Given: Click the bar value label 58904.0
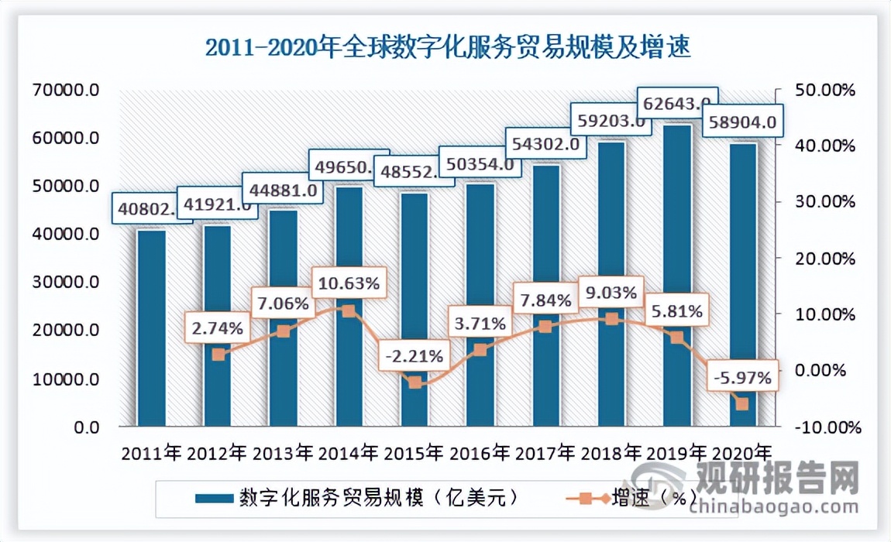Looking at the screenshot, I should [x=740, y=122].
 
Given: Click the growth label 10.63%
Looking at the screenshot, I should [x=347, y=284].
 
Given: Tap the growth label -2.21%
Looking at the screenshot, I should [x=414, y=357].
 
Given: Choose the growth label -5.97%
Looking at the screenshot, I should [x=741, y=379].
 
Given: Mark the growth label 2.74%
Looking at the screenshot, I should [x=216, y=328].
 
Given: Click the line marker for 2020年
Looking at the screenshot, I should [x=741, y=404].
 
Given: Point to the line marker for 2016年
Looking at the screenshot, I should [x=480, y=350].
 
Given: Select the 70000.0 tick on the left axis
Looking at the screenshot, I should [x=67, y=90].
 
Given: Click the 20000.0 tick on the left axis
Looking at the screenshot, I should [x=67, y=331].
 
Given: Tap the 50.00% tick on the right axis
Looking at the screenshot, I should [x=825, y=90].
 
